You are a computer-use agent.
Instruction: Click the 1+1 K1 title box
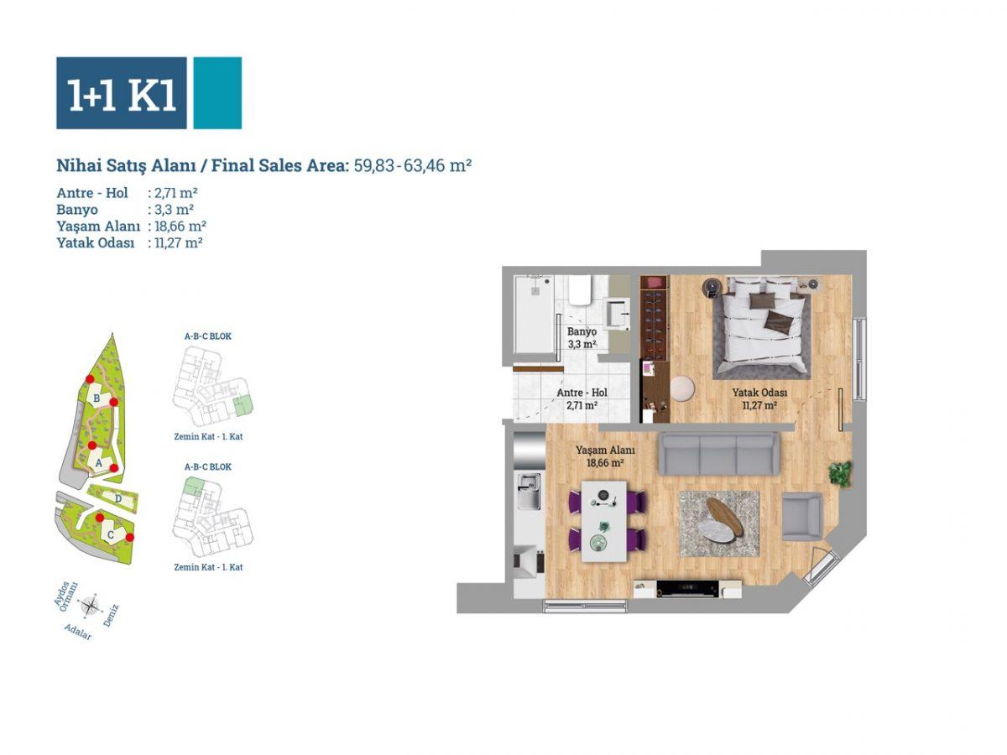pos(121,93)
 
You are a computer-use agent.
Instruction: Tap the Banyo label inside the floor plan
pos(582,331)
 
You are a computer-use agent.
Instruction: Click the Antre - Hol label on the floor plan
pos(582,393)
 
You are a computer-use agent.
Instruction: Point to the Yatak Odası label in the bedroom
pos(759,393)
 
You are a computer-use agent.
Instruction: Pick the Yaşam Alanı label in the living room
pos(605,450)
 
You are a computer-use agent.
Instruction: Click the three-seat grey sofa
pos(719,453)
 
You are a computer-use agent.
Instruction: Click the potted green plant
pos(840,473)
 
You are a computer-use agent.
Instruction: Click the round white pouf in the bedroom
pos(682,388)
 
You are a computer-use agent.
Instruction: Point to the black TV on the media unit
pos(686,589)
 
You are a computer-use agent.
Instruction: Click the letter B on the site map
pos(97,398)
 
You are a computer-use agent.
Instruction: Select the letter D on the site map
pos(118,498)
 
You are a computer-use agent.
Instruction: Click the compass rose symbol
pos(91,606)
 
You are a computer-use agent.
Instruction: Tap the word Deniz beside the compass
pos(111,615)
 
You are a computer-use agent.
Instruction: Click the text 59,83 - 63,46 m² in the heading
pos(413,165)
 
